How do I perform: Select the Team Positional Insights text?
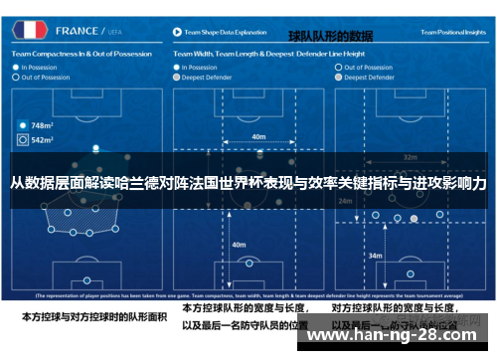(453, 33)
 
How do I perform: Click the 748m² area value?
(42, 126)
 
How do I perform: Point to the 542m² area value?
(42, 141)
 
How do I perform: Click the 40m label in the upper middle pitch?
(258, 136)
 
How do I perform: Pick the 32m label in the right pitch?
(409, 157)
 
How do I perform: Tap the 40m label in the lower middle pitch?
(239, 244)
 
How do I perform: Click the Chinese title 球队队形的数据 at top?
(330, 36)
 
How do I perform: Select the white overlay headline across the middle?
(248, 185)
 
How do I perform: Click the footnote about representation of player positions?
(248, 296)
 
